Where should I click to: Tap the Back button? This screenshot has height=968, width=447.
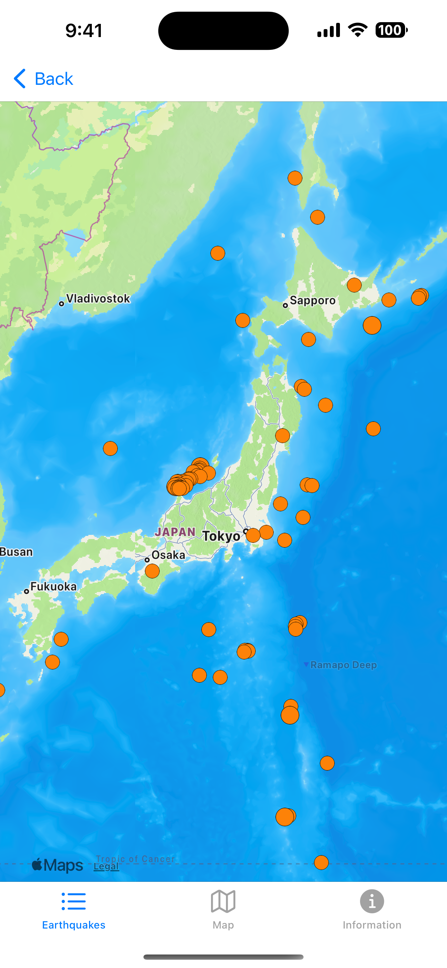tap(44, 79)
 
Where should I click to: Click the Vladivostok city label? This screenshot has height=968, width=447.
tap(97, 299)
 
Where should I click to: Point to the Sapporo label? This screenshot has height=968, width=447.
tap(312, 301)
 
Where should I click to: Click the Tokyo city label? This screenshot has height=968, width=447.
tap(221, 536)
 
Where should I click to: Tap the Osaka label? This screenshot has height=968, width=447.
tap(168, 555)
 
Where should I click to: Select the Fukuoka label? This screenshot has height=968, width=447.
tap(53, 586)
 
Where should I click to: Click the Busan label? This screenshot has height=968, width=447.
tap(17, 552)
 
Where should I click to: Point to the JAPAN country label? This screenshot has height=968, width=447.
tap(175, 532)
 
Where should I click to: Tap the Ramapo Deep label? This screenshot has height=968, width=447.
tap(343, 665)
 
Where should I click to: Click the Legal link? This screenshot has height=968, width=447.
tap(106, 867)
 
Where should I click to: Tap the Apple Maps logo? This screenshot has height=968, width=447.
tap(58, 865)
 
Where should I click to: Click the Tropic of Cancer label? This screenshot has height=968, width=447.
tap(135, 859)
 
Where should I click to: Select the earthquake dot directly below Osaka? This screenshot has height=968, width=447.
tap(152, 571)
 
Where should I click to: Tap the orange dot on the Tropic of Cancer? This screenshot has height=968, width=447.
tap(321, 862)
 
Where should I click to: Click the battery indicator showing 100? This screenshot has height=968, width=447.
tap(391, 30)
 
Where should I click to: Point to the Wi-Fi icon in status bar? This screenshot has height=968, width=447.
tap(358, 30)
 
